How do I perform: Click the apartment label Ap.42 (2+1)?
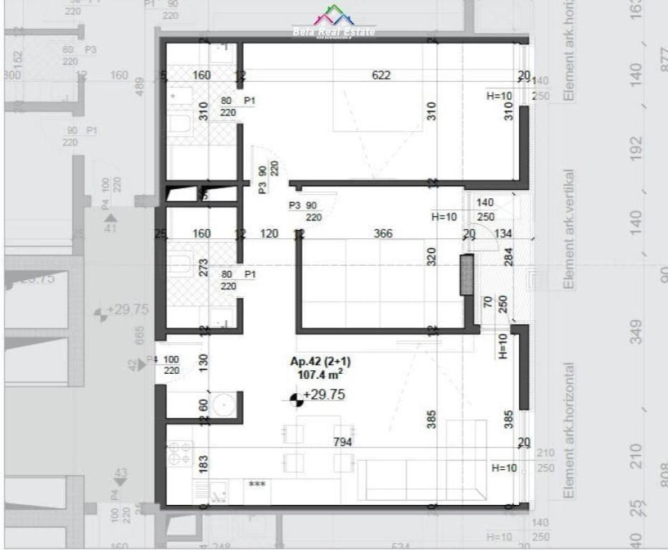[x=320, y=362]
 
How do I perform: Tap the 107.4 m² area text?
[x=320, y=374]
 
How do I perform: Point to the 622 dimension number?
[x=381, y=75]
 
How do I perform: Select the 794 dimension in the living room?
[x=343, y=443]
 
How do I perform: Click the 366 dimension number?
[x=383, y=233]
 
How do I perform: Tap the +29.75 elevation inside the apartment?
[x=325, y=395]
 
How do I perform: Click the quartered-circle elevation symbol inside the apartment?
[x=297, y=398]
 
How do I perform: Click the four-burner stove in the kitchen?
[x=180, y=453]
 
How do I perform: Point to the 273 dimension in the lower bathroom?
[x=204, y=267]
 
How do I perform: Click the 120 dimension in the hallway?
[x=269, y=233]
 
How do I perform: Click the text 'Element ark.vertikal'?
[x=571, y=228]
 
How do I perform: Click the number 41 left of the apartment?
[x=110, y=228]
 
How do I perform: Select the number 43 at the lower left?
[x=120, y=473]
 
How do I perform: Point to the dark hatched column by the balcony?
[x=467, y=274]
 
